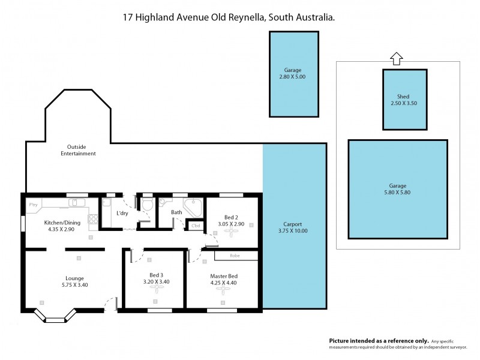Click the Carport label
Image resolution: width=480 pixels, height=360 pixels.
[293, 223]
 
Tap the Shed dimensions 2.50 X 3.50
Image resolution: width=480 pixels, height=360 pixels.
[403, 103]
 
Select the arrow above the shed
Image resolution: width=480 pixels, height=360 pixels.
[395, 58]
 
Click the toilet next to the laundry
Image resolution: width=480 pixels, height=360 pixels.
[147, 206]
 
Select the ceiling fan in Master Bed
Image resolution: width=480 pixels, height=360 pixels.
[224, 291]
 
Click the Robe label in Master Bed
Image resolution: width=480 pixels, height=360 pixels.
[235, 256]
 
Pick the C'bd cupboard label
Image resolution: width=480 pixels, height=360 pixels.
[195, 226]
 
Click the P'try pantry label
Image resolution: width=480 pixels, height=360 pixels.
[33, 205]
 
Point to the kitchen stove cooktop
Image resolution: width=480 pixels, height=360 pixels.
[93, 220]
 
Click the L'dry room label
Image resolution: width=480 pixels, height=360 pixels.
[122, 214]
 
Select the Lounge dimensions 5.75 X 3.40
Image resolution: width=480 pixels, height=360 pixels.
[74, 285]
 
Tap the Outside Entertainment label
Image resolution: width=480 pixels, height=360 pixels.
[78, 150]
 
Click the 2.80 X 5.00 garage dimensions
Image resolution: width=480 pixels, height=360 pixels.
[293, 77]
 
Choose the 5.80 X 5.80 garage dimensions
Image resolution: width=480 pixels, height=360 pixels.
[397, 193]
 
